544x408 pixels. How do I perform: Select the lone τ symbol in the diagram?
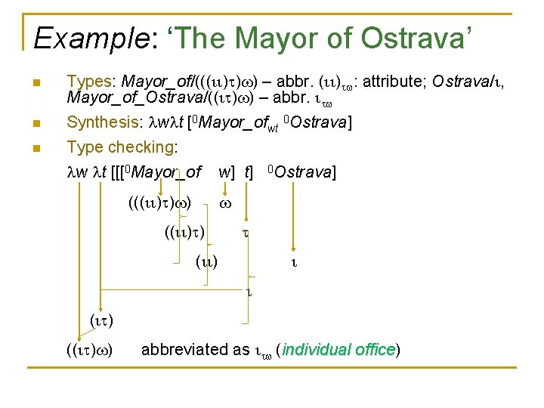coord(245,234)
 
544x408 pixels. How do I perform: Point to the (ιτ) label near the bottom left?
coord(102,321)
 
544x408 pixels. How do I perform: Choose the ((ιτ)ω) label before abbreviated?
coord(90,350)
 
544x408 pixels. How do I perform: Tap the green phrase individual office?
coord(338,350)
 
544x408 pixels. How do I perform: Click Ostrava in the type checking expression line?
coord(305,173)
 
